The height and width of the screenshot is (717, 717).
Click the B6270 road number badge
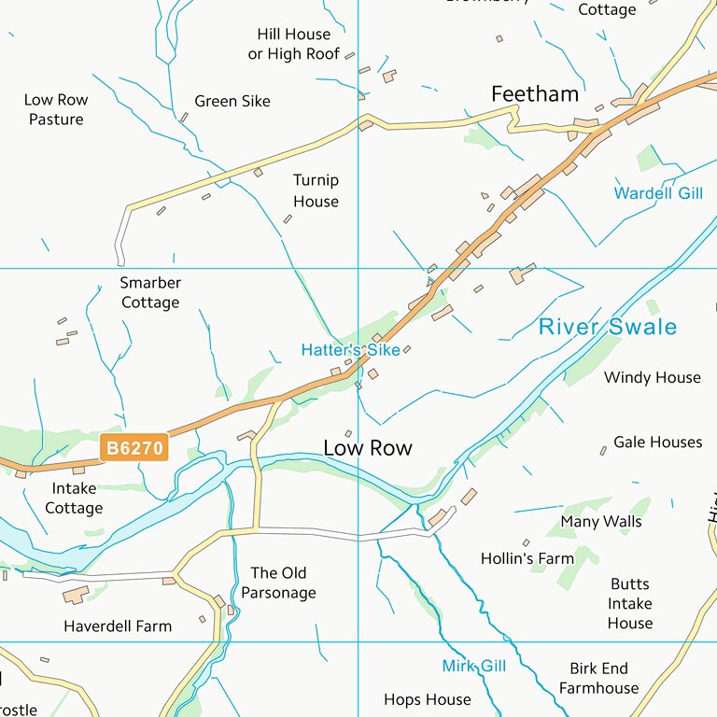134,448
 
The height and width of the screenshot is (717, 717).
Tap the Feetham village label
535,94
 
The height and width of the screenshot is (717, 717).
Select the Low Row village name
368,448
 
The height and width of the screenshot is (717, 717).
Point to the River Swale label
607,327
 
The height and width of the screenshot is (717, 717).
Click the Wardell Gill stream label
658,193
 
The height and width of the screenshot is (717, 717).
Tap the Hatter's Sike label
350,350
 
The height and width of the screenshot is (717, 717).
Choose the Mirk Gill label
474,666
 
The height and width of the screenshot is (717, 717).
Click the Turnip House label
316,190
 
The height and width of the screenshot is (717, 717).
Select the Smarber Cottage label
150,292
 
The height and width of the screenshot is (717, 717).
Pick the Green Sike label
232,101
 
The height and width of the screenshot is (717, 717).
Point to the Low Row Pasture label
56,109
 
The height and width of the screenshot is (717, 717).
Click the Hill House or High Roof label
294,44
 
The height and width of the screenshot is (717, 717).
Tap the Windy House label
653,377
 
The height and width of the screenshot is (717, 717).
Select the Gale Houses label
657,442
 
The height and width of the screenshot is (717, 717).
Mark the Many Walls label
601,521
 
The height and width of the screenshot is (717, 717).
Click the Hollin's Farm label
527,558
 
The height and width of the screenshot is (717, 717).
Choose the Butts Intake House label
630,603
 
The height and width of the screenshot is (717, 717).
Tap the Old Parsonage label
278,583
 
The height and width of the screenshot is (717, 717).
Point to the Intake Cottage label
74,499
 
